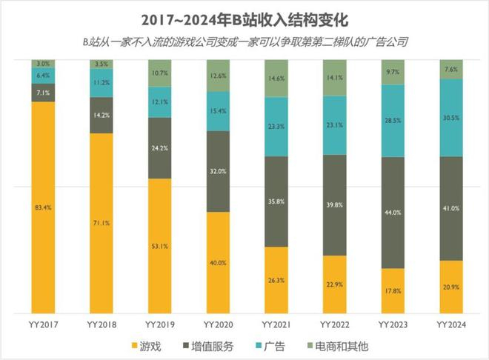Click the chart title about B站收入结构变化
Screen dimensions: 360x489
pyautogui.click(x=245, y=17)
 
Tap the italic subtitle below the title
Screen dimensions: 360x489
pyautogui.click(x=245, y=41)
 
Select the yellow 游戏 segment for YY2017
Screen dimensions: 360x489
pyautogui.click(x=44, y=207)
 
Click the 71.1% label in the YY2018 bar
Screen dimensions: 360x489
pyautogui.click(x=102, y=221)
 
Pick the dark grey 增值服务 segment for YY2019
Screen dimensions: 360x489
pyautogui.click(x=160, y=147)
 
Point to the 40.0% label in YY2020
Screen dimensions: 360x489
pyautogui.click(x=218, y=262)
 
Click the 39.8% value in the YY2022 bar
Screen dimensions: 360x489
pyautogui.click(x=334, y=205)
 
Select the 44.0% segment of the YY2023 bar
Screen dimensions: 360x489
pyautogui.click(x=393, y=213)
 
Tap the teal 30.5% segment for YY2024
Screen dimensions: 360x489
pyautogui.click(x=450, y=118)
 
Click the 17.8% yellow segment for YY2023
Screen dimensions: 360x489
pyautogui.click(x=393, y=290)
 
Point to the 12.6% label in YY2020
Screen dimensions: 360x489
pyautogui.click(x=218, y=75)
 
